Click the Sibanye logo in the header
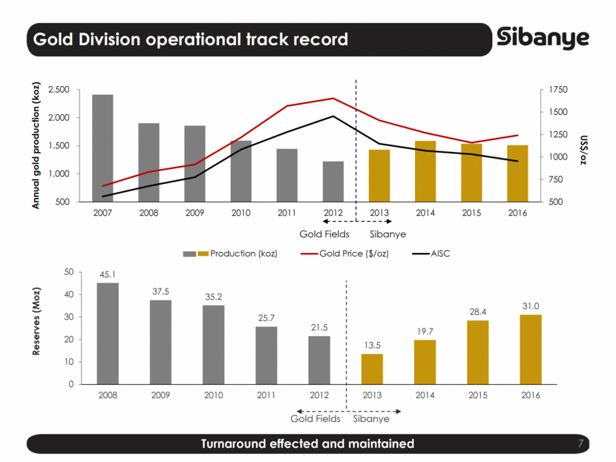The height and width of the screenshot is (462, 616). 543,39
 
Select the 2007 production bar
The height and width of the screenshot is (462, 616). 102,148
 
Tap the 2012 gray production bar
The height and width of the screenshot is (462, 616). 333,181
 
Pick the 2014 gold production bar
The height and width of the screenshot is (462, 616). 425,171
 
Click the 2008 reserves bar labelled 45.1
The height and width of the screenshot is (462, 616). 108,333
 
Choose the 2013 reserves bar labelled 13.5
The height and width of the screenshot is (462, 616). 372,369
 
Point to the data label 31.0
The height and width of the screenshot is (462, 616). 531,306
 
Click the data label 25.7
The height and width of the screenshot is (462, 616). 266,317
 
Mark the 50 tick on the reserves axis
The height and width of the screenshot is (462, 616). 68,272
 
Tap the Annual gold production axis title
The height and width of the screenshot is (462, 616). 36,146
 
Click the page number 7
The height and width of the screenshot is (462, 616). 581,443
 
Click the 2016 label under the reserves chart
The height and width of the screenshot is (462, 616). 531,395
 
